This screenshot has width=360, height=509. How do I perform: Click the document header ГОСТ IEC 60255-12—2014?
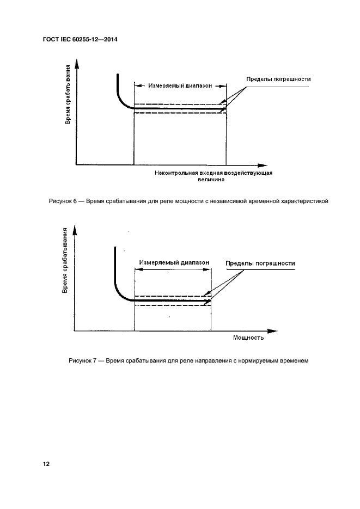pos(80,40)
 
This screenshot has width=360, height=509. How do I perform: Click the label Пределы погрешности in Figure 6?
pos(278,79)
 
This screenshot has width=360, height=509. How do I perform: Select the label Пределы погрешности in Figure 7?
pos(260,263)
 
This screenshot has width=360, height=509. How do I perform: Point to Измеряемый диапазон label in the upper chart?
pos(179,85)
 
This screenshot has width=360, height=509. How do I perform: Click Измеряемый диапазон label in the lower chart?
pos(174,262)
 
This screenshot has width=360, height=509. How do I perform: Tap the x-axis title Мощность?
pos(248,338)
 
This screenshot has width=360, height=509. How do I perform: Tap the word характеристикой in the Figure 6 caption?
pos(302,201)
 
